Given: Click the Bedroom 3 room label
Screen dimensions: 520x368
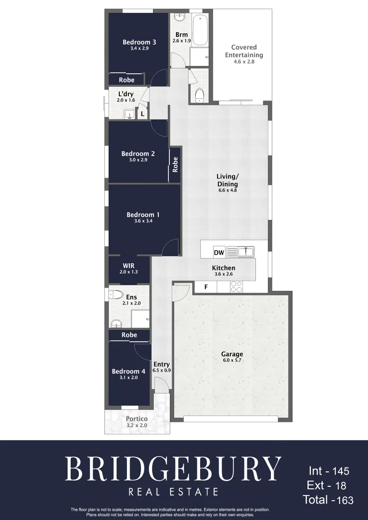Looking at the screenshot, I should click(139, 42).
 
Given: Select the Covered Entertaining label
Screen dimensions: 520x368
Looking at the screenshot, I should click(244, 51).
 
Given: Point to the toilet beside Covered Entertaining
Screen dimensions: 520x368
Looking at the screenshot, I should click(200, 95).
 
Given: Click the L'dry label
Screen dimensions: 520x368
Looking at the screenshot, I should click(126, 94).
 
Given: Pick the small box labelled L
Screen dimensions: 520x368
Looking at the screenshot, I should click(142, 114).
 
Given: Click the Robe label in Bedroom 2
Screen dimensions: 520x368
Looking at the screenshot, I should click(175, 165).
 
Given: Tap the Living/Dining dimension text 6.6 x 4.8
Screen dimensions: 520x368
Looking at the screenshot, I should click(227, 190).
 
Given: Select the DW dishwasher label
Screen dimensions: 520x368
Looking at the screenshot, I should click(218, 253).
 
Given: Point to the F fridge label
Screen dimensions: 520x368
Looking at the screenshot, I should click(206, 287).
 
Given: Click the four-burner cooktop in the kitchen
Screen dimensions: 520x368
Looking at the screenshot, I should click(236, 287).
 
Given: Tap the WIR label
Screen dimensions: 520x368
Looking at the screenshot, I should click(128, 266).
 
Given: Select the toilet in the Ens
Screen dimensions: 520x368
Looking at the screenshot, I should click(116, 295).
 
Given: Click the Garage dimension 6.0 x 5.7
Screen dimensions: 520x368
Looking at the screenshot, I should click(232, 361).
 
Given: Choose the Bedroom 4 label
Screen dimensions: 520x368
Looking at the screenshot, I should click(128, 371).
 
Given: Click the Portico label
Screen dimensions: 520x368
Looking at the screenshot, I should click(137, 419).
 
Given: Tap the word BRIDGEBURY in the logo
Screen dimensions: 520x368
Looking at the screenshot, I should click(173, 468).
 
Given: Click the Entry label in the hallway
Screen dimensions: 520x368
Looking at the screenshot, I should click(162, 364).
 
